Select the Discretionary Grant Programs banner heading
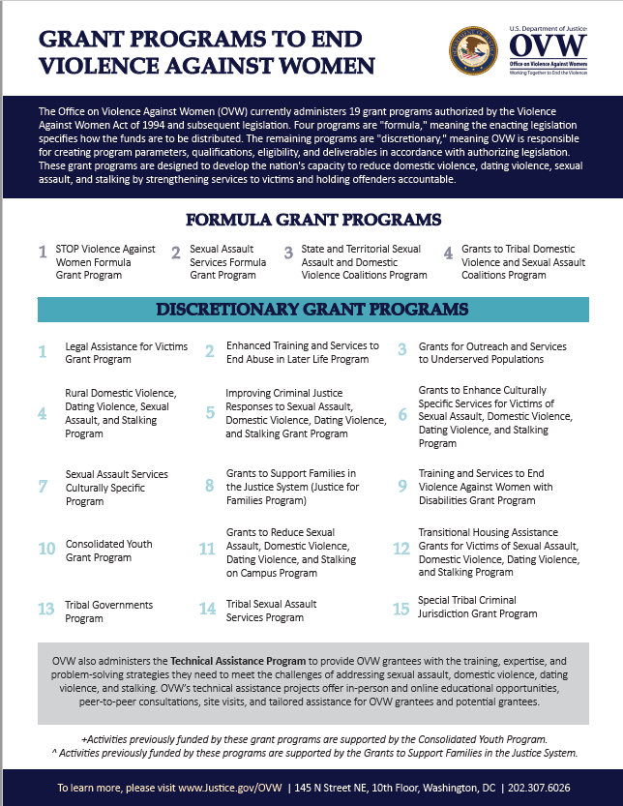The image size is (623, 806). (x=312, y=310)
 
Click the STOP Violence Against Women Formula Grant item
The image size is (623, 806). (x=105, y=261)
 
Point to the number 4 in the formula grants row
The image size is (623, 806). (x=449, y=254)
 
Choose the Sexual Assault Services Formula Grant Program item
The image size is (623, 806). (x=228, y=261)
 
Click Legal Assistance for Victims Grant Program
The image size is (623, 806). (x=126, y=352)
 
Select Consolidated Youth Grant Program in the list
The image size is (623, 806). (x=108, y=551)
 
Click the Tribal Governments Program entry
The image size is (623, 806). (x=108, y=612)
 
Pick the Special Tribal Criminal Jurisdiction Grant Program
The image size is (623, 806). (x=477, y=607)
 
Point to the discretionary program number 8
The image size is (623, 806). (x=209, y=486)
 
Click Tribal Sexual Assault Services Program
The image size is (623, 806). (x=271, y=612)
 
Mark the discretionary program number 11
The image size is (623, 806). (x=207, y=549)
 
